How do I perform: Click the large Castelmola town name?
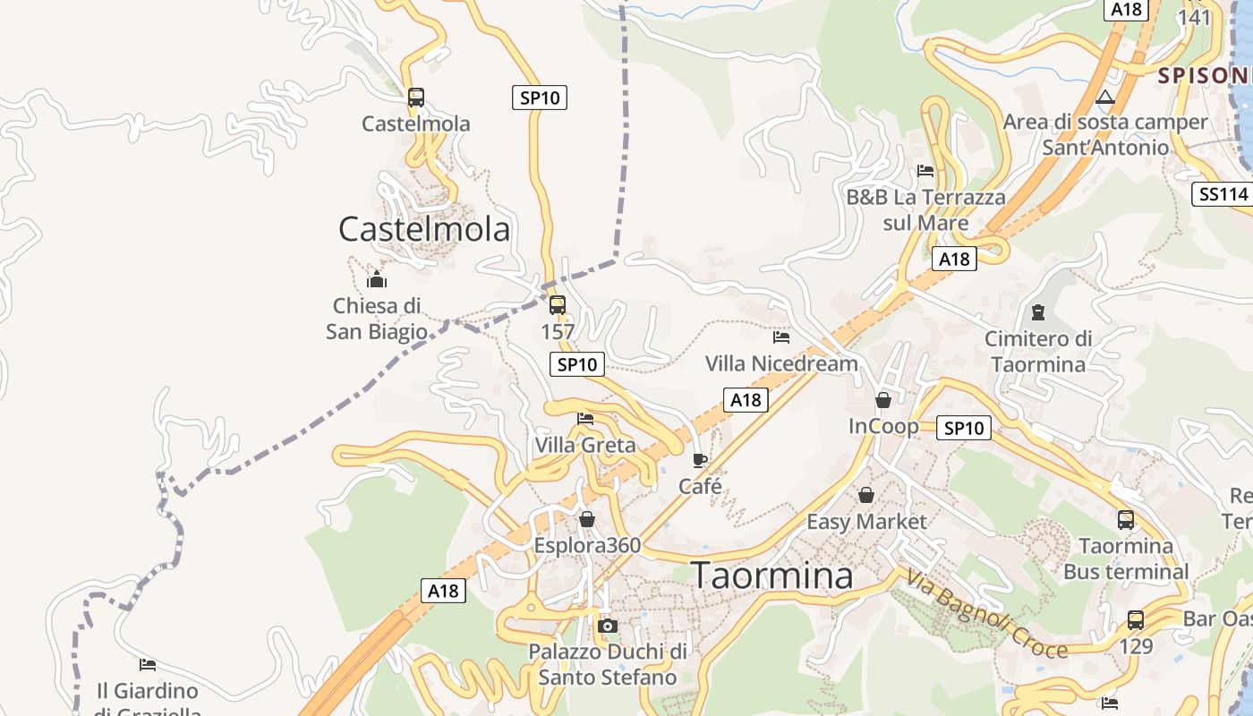coord(424,229)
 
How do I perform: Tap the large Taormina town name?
coord(773,575)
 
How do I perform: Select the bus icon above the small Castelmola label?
coord(416,98)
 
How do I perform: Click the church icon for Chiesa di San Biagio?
coord(377,280)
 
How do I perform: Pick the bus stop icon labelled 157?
coord(558,305)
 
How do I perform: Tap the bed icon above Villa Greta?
coord(585,418)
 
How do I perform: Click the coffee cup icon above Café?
coord(700,460)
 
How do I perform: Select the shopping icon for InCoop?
coord(883,400)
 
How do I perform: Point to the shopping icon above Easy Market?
coord(866,495)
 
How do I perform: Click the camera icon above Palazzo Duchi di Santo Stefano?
coord(608,626)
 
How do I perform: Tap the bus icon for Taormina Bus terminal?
coord(1126,519)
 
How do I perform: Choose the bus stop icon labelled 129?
coord(1136,619)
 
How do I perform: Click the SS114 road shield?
coord(1221,194)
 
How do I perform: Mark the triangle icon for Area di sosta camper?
coord(1105,97)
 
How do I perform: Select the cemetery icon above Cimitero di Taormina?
coord(1038,312)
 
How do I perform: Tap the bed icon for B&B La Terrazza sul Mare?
coord(925,171)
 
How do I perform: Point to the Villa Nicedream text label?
coord(781,363)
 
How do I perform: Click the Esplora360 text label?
coord(587,545)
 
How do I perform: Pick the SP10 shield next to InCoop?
coord(964,428)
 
